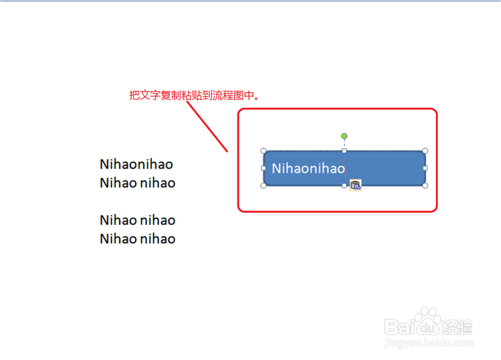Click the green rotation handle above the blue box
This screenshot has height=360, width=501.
tap(344, 136)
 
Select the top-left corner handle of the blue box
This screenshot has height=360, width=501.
tap(264, 151)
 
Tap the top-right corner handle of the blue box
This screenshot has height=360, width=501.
tap(425, 151)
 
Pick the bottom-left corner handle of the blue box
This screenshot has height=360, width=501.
tap(264, 186)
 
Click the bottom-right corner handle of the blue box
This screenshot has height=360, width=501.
tap(425, 186)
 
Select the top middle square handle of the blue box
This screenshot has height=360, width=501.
tap(344, 151)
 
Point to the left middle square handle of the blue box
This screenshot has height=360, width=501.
tap(264, 168)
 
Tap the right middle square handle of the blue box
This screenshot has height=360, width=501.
tap(425, 168)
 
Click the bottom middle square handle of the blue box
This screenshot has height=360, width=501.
tap(344, 186)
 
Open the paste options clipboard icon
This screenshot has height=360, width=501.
tap(356, 185)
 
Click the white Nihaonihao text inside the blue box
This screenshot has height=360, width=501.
tap(308, 168)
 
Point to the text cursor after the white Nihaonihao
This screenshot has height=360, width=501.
tap(346, 168)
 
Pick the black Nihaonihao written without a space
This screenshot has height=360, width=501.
tap(136, 164)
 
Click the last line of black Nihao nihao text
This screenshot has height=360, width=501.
tap(137, 239)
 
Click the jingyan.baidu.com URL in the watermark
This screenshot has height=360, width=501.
tap(428, 343)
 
